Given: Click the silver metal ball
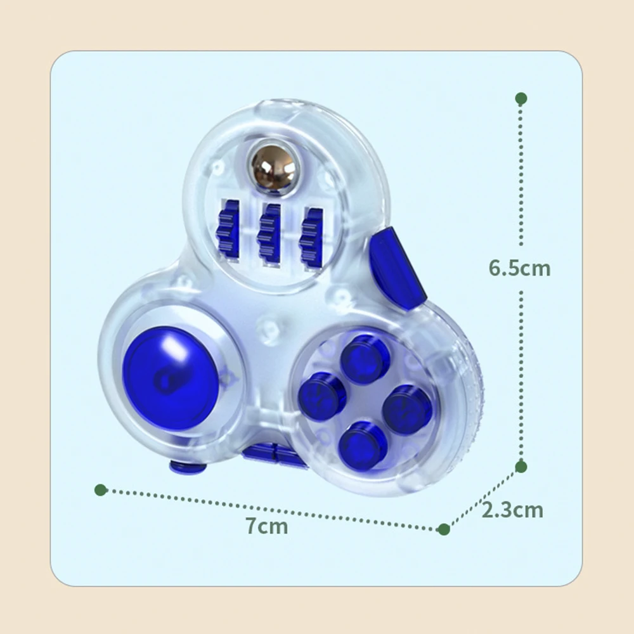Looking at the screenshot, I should [273, 166].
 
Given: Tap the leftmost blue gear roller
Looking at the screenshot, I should [228, 228].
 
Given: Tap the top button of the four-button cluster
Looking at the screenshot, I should [364, 358].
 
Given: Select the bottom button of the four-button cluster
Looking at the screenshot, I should [363, 444].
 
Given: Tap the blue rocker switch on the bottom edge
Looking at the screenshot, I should [274, 455].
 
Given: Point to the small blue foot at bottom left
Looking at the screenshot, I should [188, 468].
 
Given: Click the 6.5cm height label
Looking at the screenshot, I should [519, 268].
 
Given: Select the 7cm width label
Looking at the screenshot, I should [267, 526].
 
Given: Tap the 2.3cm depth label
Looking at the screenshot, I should [512, 510].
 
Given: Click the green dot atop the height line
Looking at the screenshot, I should [521, 98].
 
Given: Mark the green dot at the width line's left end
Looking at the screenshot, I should [100, 489].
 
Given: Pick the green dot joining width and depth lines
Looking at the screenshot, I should [444, 529].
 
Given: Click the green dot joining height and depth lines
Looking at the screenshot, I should [521, 467].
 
